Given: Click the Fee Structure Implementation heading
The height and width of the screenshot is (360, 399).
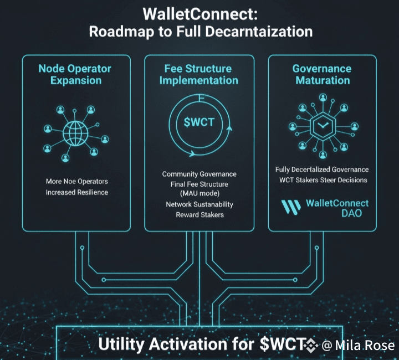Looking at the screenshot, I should pos(199,74).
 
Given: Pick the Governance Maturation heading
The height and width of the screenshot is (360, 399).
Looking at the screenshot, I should pos(322,74).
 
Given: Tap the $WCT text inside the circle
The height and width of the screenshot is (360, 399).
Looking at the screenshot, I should pos(199,122).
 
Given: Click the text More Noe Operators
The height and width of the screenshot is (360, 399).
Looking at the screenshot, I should pos(77,181).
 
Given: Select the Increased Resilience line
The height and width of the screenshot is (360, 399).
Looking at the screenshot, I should pos(77,192).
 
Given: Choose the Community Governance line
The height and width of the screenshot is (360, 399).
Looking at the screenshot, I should pos(199,174).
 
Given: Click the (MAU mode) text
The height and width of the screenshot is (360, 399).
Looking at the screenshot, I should pos(199,194).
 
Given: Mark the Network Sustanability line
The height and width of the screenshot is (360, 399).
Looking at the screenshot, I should pos(199,204).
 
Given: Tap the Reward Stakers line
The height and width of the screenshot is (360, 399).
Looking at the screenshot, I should pos(199,214).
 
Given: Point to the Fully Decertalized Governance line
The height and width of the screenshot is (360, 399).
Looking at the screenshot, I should pos(322,169).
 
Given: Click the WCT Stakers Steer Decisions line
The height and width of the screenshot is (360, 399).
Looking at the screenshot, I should pos(322,180).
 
